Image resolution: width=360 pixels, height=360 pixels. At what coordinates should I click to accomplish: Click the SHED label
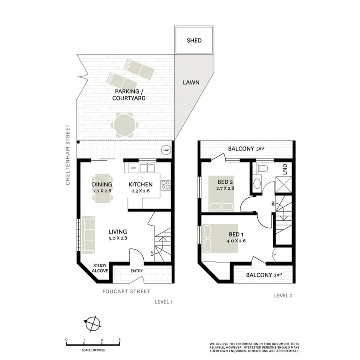point(194,40)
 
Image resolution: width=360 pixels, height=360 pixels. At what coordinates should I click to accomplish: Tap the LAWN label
point(191,83)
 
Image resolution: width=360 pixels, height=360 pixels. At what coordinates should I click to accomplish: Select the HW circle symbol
point(166,150)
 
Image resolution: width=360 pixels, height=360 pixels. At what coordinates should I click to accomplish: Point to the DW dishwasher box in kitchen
point(134,168)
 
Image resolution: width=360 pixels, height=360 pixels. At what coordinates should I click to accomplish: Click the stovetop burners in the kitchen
point(166,185)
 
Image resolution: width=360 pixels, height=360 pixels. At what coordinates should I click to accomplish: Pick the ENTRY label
point(136,271)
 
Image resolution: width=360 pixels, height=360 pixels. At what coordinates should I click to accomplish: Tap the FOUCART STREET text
point(126,291)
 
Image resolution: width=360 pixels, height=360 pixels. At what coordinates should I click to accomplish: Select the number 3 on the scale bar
point(120,339)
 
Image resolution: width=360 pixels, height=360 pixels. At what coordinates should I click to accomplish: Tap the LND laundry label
point(285,170)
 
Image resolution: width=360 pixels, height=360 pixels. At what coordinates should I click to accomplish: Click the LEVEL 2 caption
point(283,296)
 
